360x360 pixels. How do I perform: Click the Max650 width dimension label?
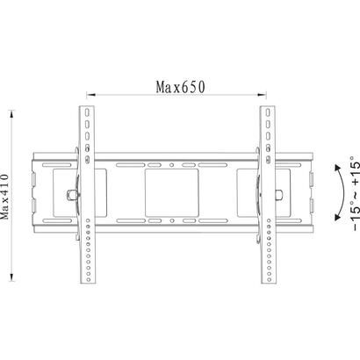coord(181,87)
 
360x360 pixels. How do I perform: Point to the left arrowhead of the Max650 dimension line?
coord(90,95)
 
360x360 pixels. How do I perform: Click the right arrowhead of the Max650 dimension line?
coord(262,95)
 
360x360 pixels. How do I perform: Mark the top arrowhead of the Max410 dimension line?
coord(11,114)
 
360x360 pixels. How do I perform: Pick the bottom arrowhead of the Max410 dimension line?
coord(11,277)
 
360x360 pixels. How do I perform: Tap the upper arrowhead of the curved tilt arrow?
coord(338,168)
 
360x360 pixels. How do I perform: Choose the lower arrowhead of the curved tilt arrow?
coord(338,217)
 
